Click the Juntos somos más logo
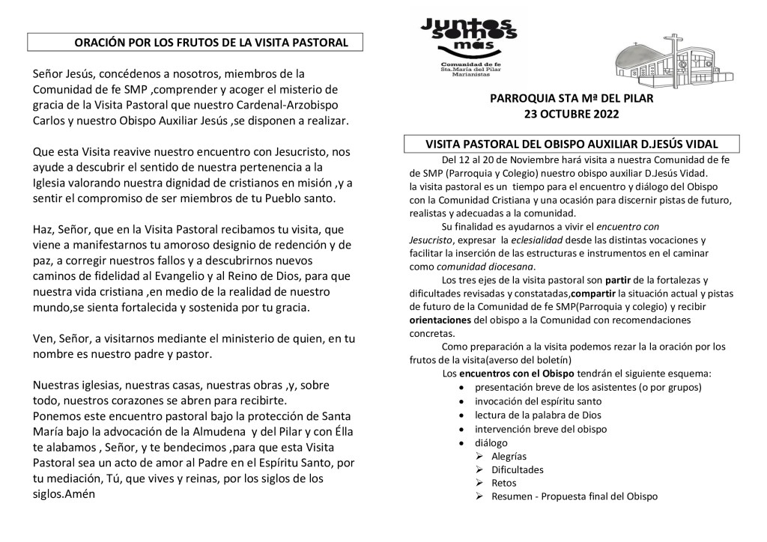click(468, 44)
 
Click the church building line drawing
click(673, 61)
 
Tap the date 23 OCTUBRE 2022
click(572, 115)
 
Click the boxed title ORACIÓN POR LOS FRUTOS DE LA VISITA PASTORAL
click(211, 43)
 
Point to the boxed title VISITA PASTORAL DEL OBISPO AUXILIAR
click(572, 144)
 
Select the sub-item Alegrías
click(509, 456)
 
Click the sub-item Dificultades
click(518, 469)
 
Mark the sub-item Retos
click(504, 483)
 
